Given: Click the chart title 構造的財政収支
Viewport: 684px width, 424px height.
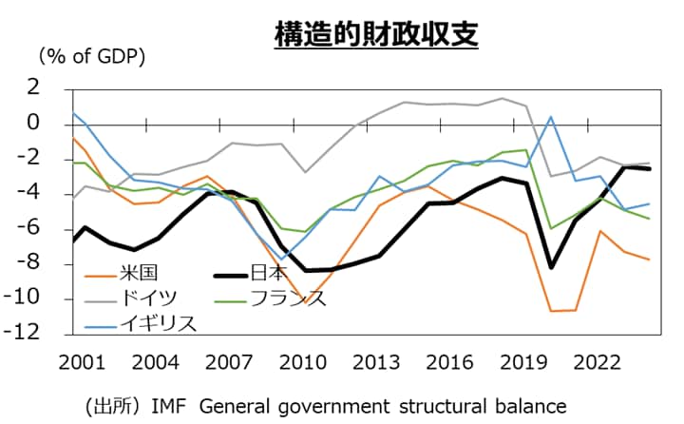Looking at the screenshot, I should tap(376, 35).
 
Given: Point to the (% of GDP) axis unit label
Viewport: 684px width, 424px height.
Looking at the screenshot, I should tap(91, 56).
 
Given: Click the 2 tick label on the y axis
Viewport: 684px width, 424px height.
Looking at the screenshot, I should tap(32, 88).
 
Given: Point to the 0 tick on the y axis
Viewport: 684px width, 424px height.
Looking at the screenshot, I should tap(32, 124).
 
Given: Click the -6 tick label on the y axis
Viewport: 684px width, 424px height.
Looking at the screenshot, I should tap(28, 228).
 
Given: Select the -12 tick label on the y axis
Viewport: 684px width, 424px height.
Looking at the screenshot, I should tap(25, 334).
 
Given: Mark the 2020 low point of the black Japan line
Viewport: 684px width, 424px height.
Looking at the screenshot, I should tap(551, 267).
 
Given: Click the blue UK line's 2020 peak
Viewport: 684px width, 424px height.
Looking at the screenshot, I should tap(551, 117).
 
